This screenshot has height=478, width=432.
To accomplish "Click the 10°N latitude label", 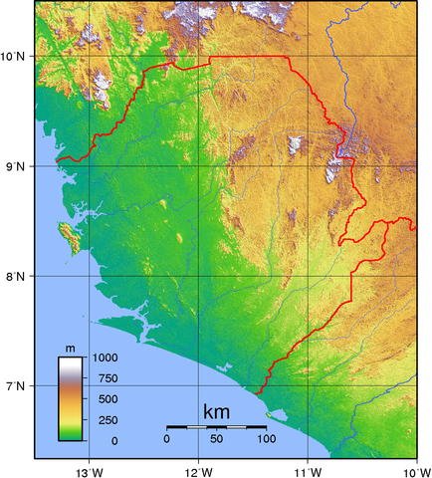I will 16,57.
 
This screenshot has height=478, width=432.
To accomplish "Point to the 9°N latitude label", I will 18,166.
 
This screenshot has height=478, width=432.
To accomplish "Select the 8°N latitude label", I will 18,276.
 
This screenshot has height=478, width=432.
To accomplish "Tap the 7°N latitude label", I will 18,385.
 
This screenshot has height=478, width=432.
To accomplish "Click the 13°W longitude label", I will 89,469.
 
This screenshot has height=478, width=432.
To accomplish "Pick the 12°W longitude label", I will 198,469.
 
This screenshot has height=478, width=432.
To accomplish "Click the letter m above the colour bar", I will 71,348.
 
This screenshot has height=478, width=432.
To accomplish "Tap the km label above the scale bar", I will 216,411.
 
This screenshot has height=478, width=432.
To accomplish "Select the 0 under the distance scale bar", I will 167,439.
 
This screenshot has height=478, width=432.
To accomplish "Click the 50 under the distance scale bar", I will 216,439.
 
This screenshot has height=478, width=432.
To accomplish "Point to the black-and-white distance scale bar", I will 216,426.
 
